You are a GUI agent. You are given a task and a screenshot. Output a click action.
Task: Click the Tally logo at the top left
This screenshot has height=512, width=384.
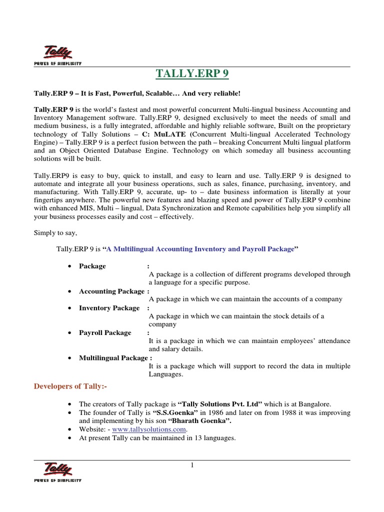click(57, 54)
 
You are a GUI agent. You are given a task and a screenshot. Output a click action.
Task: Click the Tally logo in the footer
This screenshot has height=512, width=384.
click(57, 471)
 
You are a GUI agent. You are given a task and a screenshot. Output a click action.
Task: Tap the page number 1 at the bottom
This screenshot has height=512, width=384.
click(191, 466)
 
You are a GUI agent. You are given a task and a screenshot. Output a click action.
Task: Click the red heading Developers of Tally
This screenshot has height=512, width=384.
click(70, 386)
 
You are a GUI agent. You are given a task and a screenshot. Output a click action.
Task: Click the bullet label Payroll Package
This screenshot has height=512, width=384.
click(105, 332)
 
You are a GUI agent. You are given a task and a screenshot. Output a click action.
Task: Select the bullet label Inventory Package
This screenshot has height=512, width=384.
click(109, 308)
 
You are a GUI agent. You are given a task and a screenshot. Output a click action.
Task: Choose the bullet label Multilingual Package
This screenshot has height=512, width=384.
click(113, 357)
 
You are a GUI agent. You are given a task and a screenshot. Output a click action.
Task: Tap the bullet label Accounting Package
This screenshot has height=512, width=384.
click(111, 291)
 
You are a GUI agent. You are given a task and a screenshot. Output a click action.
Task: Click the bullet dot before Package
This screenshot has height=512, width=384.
click(69, 266)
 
